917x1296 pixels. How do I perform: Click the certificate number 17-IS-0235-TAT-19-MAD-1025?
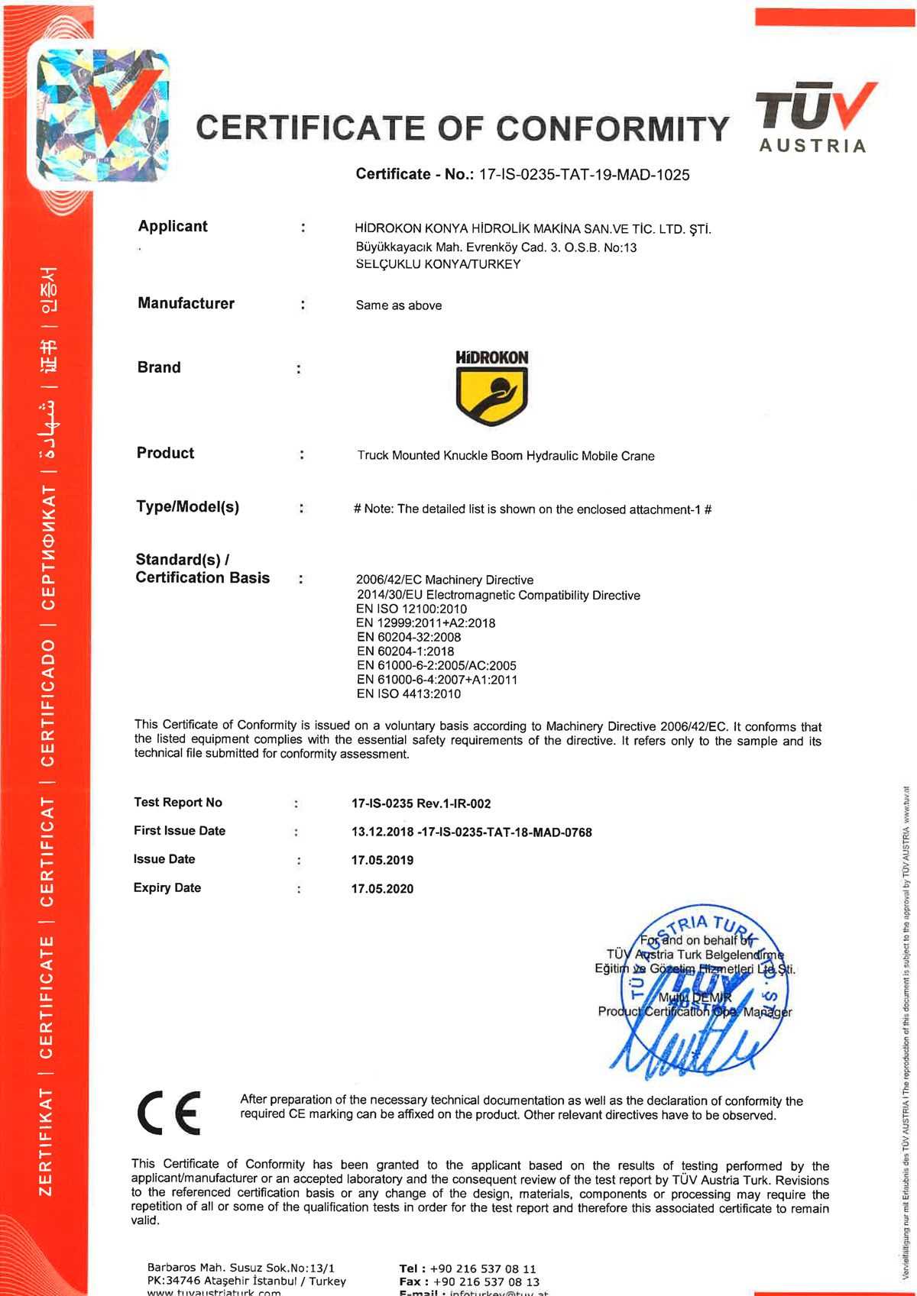(x=584, y=175)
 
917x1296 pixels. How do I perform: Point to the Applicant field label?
(x=173, y=226)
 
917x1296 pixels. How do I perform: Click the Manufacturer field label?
(x=186, y=303)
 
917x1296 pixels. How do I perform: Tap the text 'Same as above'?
(x=398, y=305)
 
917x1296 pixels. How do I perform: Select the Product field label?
(x=165, y=453)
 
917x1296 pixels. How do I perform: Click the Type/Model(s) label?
(x=187, y=506)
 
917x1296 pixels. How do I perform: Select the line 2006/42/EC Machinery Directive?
(x=445, y=580)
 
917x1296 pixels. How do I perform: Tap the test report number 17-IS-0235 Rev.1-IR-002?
(x=421, y=803)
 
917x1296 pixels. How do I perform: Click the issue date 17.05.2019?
(x=382, y=860)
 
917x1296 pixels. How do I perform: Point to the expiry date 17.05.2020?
(x=382, y=888)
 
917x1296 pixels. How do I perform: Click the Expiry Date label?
(x=167, y=887)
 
